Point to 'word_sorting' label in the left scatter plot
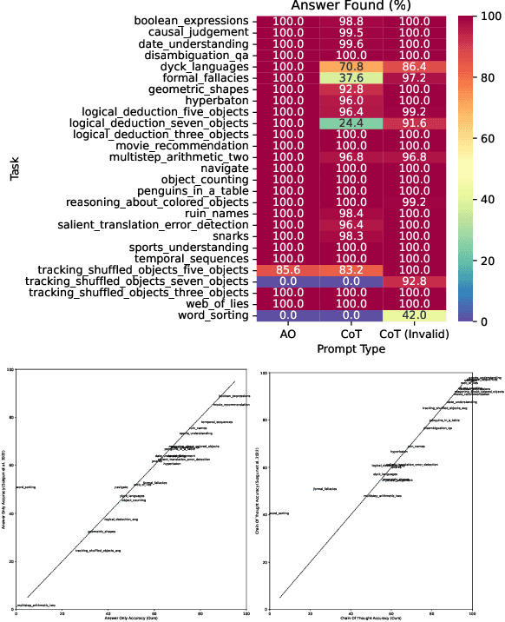point(25,487)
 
